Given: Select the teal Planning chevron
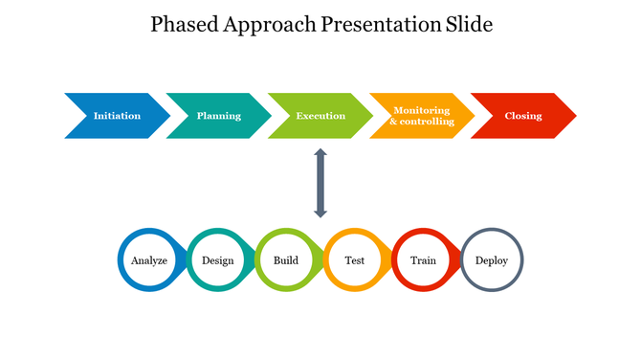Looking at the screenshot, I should pos(219,116).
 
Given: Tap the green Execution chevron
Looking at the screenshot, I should pos(320,116).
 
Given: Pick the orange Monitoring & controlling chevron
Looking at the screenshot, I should pos(422,116).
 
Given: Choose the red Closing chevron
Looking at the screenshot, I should pos(523,116).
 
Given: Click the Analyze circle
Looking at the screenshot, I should pos(149,259).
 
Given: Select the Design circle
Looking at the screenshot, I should pos(217,259).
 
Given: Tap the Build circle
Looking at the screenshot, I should pos(286,259).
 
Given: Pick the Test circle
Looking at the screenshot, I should pos(354,259).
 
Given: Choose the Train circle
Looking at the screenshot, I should pos(423,259).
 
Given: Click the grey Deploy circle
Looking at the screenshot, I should pos(492,259).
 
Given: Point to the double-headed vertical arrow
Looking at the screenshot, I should pos(320,182).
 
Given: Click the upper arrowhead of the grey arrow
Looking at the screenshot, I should pos(320,153).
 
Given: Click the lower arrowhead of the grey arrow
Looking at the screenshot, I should pos(320,212).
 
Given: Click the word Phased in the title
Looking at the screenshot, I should pos(185,25).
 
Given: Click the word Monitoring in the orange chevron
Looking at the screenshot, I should pos(421,110).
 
